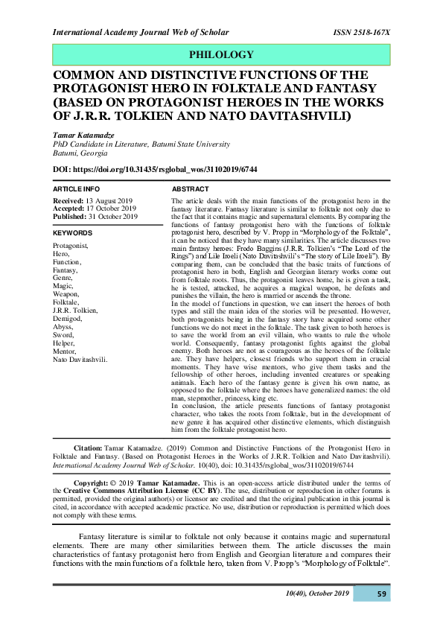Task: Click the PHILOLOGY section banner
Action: pos(221,55)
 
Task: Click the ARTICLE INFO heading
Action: pos(77,190)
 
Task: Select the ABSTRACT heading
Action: pos(191,190)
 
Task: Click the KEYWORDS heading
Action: pos(72,233)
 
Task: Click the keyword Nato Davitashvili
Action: pos(80,359)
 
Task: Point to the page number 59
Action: pos(381,593)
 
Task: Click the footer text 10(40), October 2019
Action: pos(317,593)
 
